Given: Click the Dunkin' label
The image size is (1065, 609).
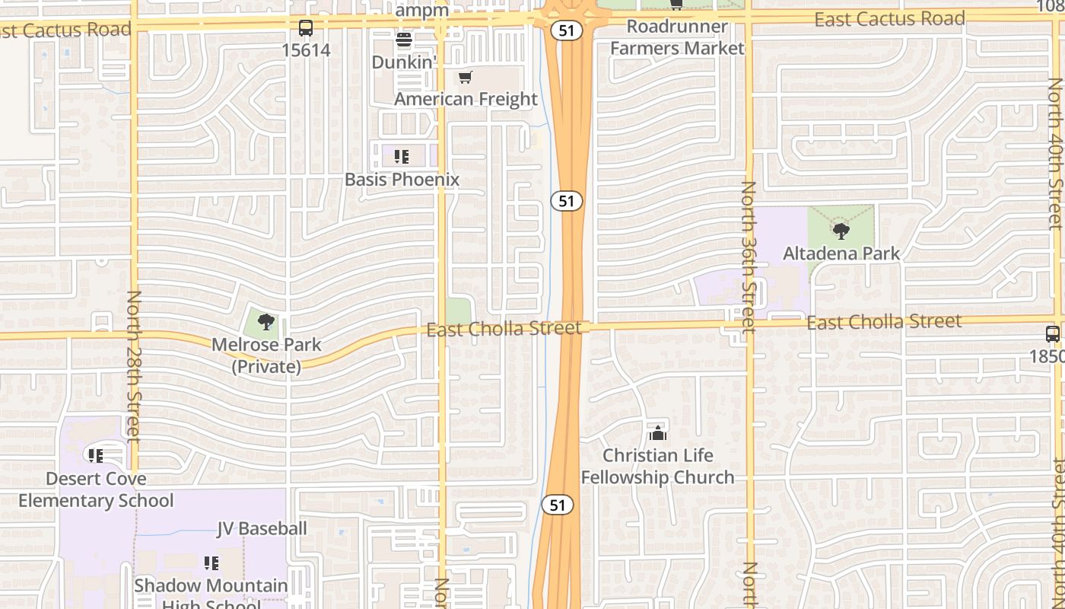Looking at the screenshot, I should pos(404,62).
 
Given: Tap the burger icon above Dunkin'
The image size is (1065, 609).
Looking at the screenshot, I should pos(403,40).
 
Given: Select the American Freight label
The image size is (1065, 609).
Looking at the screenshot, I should pos(466,99).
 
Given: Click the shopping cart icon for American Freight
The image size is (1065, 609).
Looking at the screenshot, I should pos(466,77).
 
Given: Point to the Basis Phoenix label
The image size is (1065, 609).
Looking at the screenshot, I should pos(402,180).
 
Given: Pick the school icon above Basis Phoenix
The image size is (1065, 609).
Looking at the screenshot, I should pos(402,158).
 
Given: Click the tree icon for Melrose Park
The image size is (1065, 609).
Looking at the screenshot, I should pos(265,322).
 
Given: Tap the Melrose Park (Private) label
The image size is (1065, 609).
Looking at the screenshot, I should pos(266,356).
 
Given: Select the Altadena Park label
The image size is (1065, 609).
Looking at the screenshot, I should pos(841,253).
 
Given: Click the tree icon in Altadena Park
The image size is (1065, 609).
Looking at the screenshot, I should pos(841,231).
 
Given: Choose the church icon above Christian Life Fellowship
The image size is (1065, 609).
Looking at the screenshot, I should pos(658,433).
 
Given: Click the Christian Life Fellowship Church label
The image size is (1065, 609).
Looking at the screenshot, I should pos(658,467).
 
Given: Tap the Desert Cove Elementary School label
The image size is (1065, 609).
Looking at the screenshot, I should pos(96,489).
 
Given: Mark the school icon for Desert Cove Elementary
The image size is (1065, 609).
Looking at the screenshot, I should pos(96,456).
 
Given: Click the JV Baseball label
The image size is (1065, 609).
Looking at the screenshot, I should pos(262,528).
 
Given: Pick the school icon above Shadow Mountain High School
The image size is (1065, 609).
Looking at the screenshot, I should pos(211,563).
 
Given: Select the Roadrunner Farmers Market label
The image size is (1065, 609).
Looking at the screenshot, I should pos(677,37).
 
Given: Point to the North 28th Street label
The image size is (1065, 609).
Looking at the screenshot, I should pos(134,366).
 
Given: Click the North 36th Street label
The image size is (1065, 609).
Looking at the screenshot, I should pos(749,257).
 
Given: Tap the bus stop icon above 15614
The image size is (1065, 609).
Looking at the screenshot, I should pos(306,28).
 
